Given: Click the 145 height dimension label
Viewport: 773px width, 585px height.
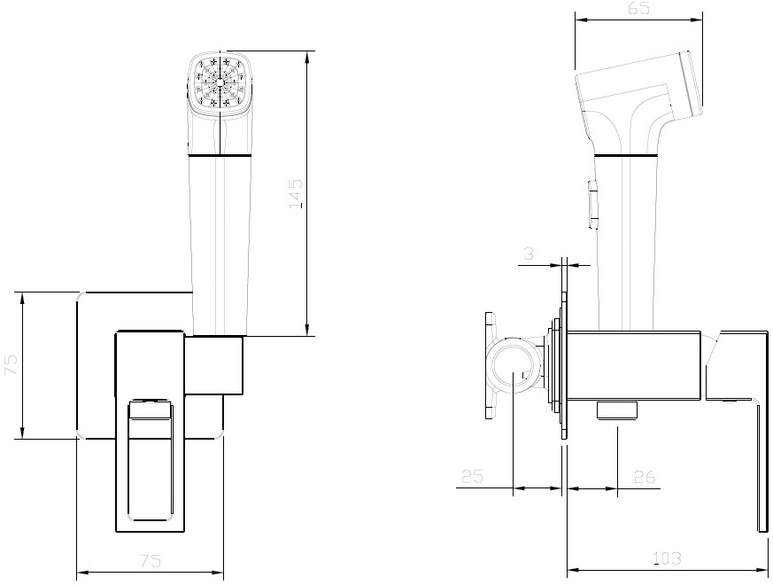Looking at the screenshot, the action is click(296, 193).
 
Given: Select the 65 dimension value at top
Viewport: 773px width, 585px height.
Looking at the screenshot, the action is click(639, 8).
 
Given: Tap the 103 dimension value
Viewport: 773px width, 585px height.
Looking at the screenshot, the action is click(667, 558).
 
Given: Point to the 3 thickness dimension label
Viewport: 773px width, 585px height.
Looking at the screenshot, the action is click(529, 253).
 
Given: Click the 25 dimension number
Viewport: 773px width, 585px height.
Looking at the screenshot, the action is click(472, 476).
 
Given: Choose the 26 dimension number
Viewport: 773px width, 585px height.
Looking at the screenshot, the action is click(645, 477).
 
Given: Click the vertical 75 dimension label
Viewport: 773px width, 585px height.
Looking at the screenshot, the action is click(12, 364).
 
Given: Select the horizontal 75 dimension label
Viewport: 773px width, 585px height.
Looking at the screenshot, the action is click(151, 561).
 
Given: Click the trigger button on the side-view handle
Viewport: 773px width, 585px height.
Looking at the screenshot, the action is click(593, 205).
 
